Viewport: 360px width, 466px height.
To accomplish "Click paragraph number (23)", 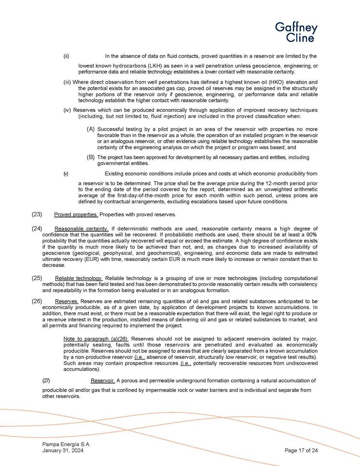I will click(37, 214).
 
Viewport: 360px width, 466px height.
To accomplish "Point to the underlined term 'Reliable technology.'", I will click(79, 278).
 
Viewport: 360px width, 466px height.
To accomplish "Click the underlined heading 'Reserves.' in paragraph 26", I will click(67, 301).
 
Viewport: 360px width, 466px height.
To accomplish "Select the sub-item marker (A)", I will click(91, 129).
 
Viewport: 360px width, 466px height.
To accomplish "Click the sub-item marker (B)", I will click(91, 157).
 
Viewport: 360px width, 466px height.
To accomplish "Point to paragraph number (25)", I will click(37, 278).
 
